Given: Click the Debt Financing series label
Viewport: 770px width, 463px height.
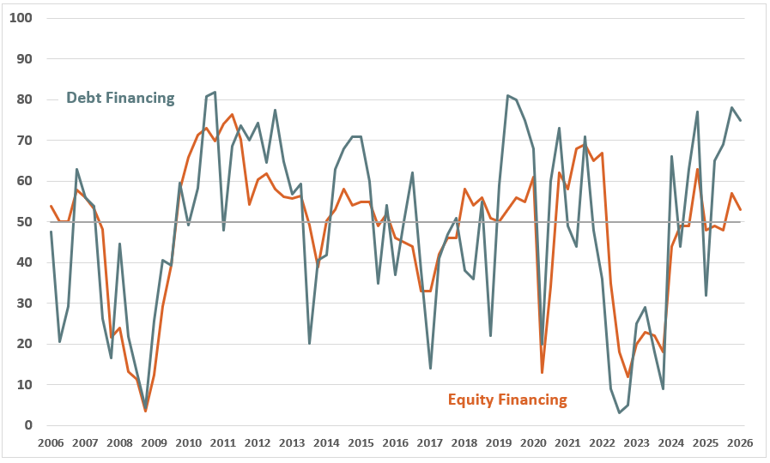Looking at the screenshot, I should point(120,98).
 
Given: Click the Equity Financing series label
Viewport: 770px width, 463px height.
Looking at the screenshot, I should point(507,399).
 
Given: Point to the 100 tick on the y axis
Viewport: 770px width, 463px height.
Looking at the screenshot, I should point(22,18).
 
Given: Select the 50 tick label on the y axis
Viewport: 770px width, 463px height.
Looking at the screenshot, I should point(26,222).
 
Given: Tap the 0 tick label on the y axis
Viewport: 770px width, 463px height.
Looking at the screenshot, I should point(29,425).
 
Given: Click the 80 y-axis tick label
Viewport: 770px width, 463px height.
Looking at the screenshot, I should point(26,99).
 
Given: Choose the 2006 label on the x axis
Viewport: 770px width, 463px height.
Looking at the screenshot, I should point(51,443).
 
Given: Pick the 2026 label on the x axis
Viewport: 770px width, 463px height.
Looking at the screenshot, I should point(741,443).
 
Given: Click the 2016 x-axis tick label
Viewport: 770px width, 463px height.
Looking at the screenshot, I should point(396,443).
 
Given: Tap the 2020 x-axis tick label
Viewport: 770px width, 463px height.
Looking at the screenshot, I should point(534,443).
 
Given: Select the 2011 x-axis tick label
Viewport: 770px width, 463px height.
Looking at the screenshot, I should point(223,443).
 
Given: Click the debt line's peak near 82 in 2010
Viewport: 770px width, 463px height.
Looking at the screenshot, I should point(215,92).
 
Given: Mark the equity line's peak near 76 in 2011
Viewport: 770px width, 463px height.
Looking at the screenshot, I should point(232,115).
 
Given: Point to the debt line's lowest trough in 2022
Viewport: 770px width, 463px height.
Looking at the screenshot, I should point(620,413).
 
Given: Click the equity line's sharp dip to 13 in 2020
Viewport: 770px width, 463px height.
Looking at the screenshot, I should point(542,372).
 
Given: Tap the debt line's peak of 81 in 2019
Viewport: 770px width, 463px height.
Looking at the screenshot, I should point(507,96).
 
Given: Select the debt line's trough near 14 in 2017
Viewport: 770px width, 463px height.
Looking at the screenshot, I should point(430,369).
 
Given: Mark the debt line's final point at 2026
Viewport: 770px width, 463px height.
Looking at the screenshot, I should point(741,120).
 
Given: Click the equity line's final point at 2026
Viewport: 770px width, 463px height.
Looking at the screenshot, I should point(741,210).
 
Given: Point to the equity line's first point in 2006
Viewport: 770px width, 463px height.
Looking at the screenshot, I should point(51,206).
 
